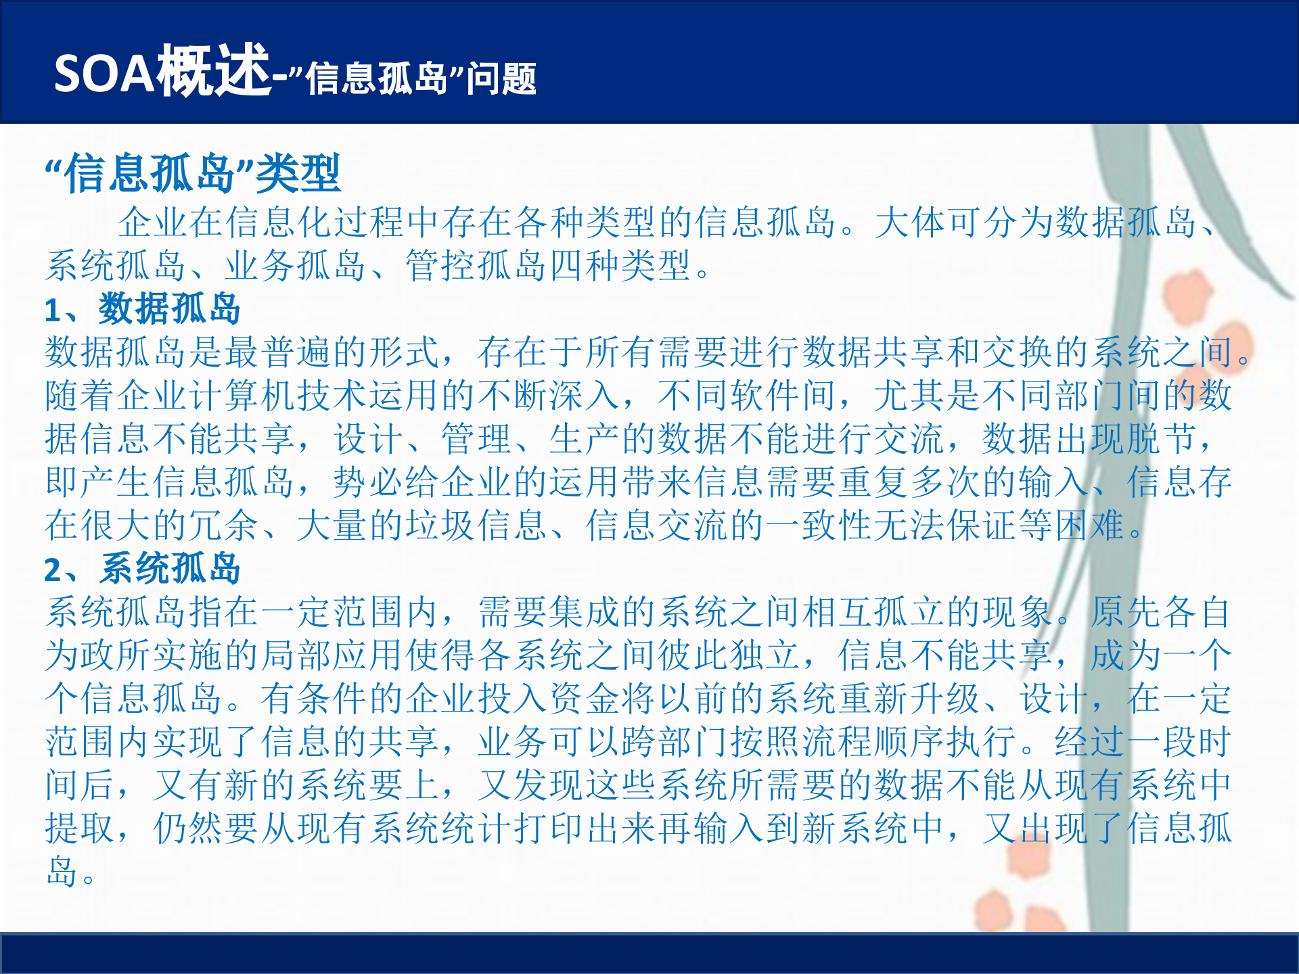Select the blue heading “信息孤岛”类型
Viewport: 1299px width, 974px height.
click(x=193, y=174)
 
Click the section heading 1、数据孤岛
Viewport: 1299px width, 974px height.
click(x=143, y=309)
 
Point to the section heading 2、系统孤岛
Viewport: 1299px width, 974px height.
click(x=143, y=568)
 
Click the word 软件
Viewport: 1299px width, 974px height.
click(x=765, y=396)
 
